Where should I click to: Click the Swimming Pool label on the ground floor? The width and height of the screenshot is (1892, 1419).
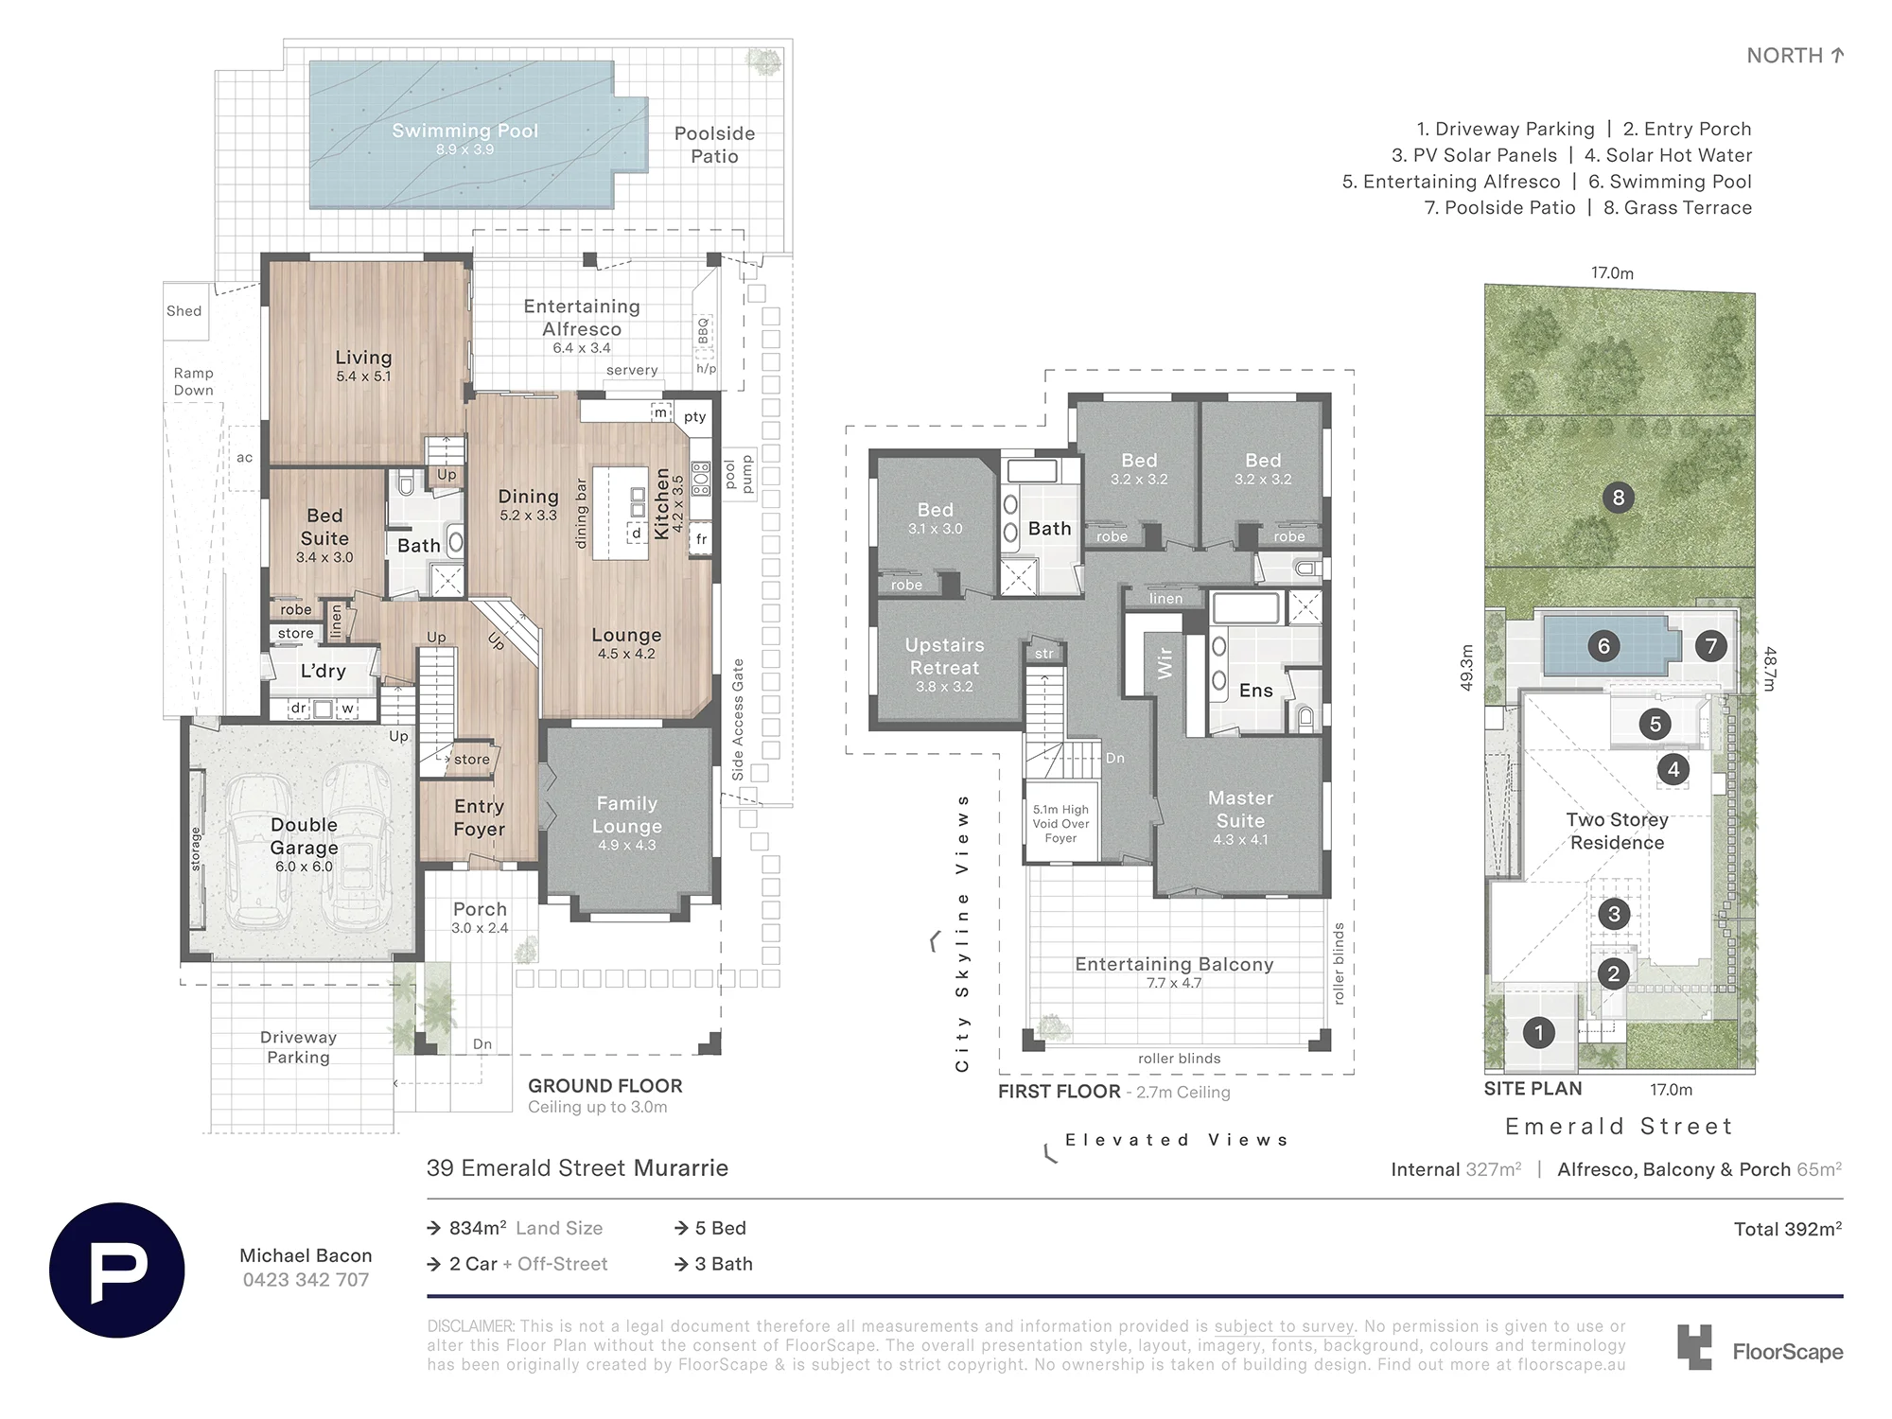point(465,131)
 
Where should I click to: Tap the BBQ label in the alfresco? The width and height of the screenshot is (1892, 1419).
point(703,330)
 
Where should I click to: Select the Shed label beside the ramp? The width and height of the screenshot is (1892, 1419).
point(184,311)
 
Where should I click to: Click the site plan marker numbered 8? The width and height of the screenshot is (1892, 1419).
point(1619,498)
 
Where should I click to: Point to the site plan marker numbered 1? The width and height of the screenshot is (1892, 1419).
point(1539,1032)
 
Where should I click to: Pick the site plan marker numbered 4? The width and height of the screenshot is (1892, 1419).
point(1673,769)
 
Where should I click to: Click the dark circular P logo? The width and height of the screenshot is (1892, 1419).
point(117,1270)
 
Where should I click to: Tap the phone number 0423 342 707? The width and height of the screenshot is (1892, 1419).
point(306,1280)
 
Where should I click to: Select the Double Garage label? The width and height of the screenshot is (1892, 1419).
point(304,836)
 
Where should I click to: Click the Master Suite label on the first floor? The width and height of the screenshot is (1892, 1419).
point(1240,810)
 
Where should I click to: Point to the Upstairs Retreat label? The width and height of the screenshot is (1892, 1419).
point(944,657)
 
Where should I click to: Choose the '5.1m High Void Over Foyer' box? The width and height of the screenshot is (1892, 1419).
point(1060,823)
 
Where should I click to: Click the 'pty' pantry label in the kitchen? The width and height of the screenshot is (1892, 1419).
point(695,417)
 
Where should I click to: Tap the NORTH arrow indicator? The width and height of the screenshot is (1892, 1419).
point(1837,56)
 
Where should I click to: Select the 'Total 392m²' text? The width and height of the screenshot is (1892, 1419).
point(1788,1229)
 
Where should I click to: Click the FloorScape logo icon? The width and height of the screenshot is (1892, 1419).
point(1694,1347)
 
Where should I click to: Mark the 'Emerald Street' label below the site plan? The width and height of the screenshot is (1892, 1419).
point(1619,1127)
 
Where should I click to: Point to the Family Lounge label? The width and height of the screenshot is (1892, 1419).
point(626,815)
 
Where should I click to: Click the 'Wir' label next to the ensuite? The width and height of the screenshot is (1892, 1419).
point(1165,662)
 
